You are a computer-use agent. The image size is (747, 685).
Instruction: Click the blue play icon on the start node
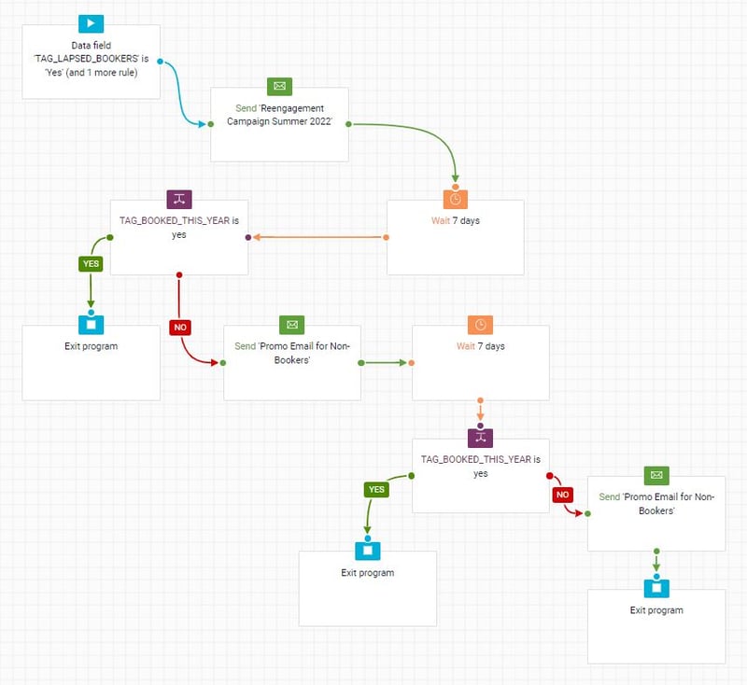[91, 23]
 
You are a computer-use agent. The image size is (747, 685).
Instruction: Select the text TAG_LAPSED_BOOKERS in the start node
[86, 59]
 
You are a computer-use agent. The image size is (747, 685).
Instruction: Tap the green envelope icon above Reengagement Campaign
[279, 86]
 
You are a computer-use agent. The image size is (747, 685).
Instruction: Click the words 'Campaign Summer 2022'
[279, 121]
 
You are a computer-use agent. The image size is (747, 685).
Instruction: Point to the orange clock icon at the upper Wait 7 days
[456, 199]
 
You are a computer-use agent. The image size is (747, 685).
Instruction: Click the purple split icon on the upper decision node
[179, 200]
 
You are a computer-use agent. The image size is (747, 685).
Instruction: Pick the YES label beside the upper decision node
[91, 264]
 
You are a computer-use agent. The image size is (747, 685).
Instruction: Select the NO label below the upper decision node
[180, 327]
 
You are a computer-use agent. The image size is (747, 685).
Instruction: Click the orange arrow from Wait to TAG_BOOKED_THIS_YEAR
[319, 237]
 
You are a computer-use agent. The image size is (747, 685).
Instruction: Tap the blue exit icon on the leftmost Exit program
[91, 325]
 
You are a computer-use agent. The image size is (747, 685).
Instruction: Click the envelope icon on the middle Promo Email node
[292, 325]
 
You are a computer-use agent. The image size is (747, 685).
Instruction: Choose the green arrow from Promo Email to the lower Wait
[384, 363]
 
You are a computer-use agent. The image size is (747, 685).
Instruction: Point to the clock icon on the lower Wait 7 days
[480, 325]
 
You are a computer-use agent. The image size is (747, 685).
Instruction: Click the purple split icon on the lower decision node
[480, 438]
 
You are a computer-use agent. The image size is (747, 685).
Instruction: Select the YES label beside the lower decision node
[376, 489]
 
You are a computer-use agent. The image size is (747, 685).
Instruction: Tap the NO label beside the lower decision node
[563, 495]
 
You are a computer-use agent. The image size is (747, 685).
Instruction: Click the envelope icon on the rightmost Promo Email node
[656, 475]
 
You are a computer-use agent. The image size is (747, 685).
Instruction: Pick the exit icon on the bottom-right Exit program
[656, 588]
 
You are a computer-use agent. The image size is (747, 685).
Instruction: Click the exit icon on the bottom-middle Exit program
[368, 551]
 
